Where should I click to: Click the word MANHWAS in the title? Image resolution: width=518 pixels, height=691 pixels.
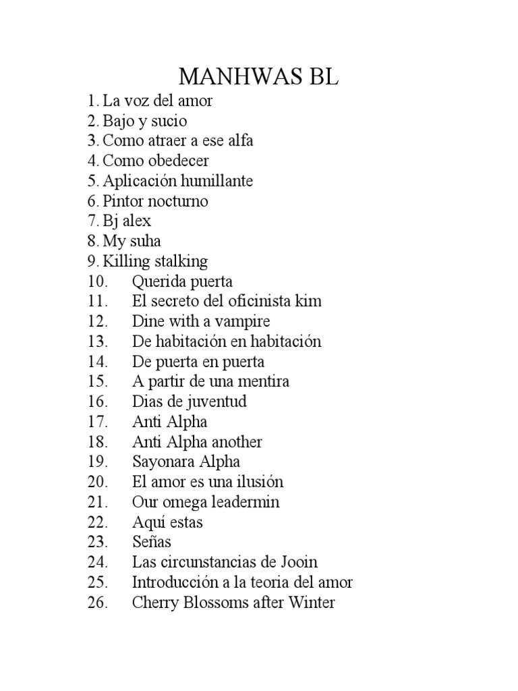[237, 76]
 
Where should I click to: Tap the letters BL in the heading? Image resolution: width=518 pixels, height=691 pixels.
[321, 76]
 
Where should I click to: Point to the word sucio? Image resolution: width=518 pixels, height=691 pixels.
[169, 121]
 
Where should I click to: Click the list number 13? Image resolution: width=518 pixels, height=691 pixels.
[97, 341]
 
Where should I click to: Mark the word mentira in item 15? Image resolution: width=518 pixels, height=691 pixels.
[260, 381]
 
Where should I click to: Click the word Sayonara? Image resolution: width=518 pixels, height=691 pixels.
[164, 462]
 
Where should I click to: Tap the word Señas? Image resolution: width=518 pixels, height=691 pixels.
[152, 542]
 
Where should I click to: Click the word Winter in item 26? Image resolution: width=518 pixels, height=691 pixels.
[311, 602]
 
